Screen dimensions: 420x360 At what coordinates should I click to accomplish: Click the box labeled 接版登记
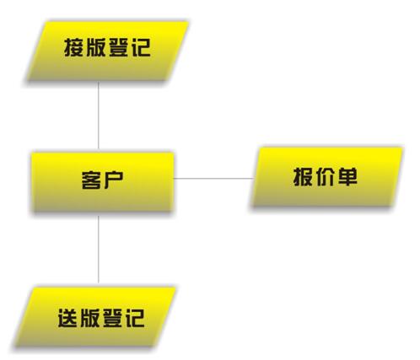click(107, 51)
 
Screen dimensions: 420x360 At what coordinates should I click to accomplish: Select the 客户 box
click(102, 181)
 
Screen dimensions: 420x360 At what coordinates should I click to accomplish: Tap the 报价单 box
click(326, 177)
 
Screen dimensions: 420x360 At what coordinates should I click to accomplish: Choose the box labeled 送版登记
click(95, 317)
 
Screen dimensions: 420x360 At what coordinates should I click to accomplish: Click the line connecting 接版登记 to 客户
click(99, 116)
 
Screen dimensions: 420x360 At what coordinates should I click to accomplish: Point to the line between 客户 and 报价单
click(213, 178)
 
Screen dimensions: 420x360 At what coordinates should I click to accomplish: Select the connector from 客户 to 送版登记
click(99, 249)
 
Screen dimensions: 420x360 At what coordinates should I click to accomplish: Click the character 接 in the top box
click(73, 47)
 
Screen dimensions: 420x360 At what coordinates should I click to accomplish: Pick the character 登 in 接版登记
click(119, 47)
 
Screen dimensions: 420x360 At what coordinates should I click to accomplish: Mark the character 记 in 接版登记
click(141, 47)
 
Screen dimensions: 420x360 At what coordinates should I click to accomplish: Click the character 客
click(91, 180)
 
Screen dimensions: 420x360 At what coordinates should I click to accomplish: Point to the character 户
click(114, 180)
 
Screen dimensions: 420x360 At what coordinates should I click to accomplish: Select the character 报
click(303, 177)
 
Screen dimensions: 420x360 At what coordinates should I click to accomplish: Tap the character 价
click(326, 177)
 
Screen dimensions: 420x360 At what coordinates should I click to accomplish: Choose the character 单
click(347, 177)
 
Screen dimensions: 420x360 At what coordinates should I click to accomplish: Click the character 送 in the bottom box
click(67, 318)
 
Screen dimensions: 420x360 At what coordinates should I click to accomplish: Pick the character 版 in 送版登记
click(90, 318)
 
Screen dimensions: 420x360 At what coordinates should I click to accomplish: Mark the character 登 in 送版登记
click(112, 318)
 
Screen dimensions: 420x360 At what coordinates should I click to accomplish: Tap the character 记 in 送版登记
click(135, 318)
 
